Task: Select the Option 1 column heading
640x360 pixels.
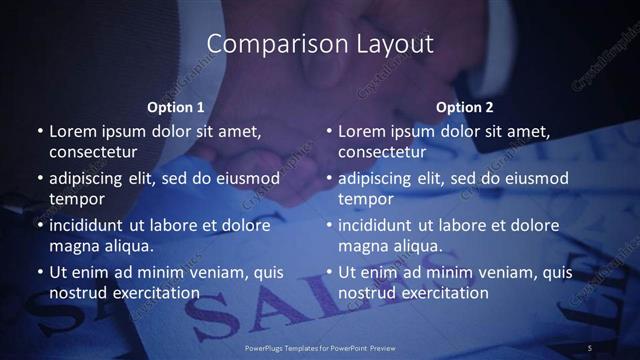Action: pos(175,106)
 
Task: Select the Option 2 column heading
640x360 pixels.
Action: pos(465,106)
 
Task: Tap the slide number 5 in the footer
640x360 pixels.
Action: pos(590,347)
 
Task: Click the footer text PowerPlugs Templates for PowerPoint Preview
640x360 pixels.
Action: pos(320,347)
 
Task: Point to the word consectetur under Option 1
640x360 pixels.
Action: pos(93,152)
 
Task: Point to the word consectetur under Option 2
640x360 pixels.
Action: pos(382,152)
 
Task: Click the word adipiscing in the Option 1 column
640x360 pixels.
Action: pos(88,178)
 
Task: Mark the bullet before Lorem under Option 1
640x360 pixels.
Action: pos(40,131)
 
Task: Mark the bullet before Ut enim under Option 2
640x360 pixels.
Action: pos(329,272)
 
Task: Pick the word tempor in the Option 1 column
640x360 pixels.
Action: pos(73,199)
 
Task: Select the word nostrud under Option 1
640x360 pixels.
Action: pos(77,293)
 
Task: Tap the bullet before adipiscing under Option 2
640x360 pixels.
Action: pos(329,178)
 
